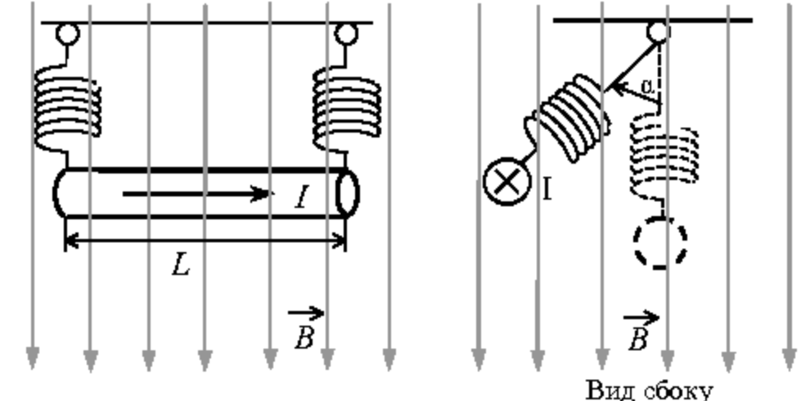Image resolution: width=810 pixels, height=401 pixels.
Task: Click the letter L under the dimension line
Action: [181, 266]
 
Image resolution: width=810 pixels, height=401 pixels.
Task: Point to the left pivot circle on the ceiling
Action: [68, 34]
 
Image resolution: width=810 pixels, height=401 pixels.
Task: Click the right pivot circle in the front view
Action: [345, 34]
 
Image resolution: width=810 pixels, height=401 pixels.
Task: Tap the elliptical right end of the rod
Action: [347, 193]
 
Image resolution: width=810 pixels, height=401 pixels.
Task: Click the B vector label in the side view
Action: [641, 331]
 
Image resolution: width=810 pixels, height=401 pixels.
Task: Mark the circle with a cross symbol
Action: [507, 182]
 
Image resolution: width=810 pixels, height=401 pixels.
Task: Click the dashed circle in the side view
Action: [660, 242]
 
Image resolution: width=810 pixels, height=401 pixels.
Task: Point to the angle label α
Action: [646, 87]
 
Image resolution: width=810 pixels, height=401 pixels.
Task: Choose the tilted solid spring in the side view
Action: [569, 119]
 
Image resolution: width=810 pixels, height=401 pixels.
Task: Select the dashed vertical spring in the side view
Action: [664, 155]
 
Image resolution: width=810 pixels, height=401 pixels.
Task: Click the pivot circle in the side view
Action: [659, 32]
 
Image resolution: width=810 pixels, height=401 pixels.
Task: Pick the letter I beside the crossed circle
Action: [547, 190]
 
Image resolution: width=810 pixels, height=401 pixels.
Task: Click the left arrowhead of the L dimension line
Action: [73, 241]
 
